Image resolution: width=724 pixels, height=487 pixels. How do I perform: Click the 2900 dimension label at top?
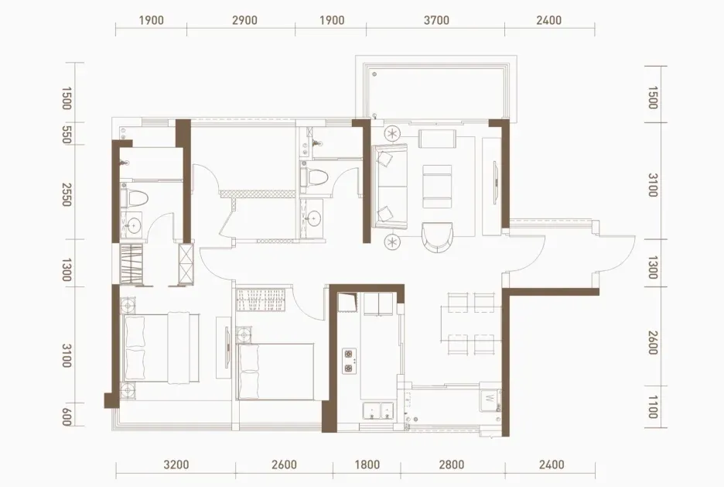244,20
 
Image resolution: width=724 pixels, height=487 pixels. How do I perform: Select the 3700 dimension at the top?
436,20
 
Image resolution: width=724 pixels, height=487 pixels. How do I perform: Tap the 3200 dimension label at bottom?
176,465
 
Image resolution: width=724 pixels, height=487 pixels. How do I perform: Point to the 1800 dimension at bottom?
367,465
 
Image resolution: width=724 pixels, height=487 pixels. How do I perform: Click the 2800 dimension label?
452,465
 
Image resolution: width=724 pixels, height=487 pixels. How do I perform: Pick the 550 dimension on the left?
67,135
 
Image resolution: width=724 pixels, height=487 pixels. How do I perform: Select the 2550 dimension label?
67,194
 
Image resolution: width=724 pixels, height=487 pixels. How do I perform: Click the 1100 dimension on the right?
652,406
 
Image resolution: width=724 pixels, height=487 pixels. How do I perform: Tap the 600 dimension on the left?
67,417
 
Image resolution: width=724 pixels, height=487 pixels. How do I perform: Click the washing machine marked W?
490,400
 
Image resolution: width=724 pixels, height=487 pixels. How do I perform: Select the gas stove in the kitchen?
350,362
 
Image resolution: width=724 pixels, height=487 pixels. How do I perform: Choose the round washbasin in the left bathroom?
134,226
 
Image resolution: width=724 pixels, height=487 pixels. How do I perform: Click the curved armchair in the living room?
437,237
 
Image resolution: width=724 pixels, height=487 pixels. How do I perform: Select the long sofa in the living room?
391,186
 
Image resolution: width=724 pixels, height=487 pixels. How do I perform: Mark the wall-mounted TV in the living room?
494,182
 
